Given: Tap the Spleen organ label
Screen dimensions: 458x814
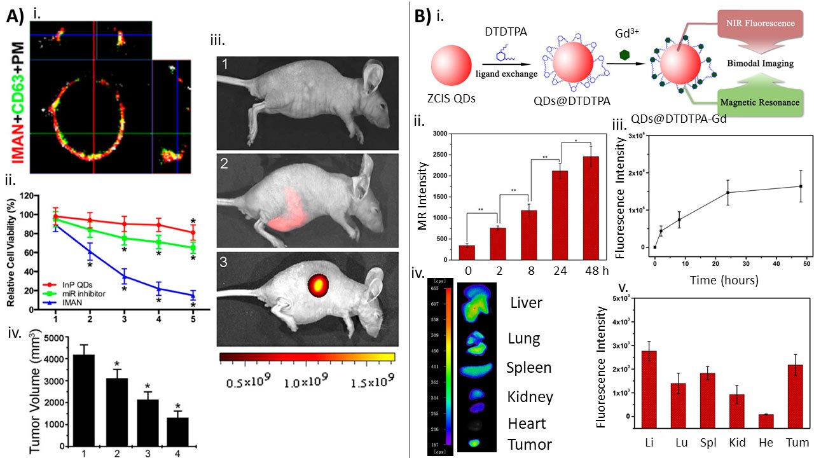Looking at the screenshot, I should (528, 368).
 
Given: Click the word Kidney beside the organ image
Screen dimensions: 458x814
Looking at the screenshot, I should (530, 397).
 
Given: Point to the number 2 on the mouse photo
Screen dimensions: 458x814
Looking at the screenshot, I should (225, 162).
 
